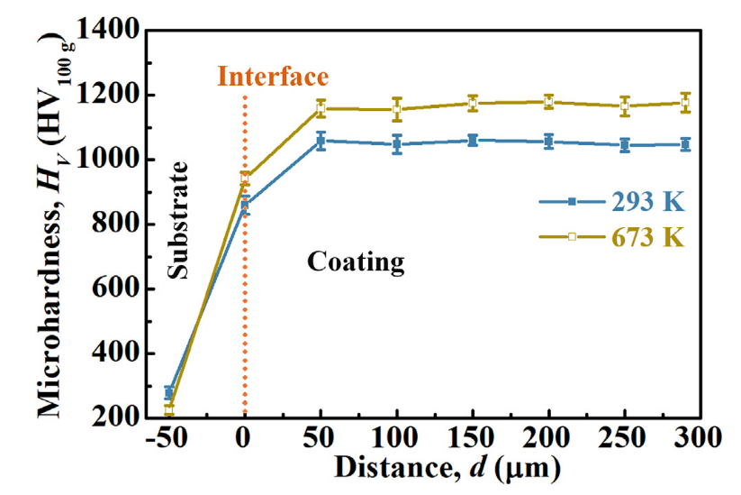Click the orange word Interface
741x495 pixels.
tap(273, 77)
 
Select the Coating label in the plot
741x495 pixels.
tap(356, 262)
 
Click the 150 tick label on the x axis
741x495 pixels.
tap(473, 442)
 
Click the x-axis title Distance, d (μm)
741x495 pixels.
tap(447, 469)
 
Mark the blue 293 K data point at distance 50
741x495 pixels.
tap(321, 141)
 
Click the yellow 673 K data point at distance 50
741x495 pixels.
tap(321, 108)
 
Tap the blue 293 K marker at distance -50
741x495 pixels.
tap(168, 392)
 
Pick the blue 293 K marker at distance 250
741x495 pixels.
tap(625, 145)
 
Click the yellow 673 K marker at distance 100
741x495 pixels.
tap(396, 109)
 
